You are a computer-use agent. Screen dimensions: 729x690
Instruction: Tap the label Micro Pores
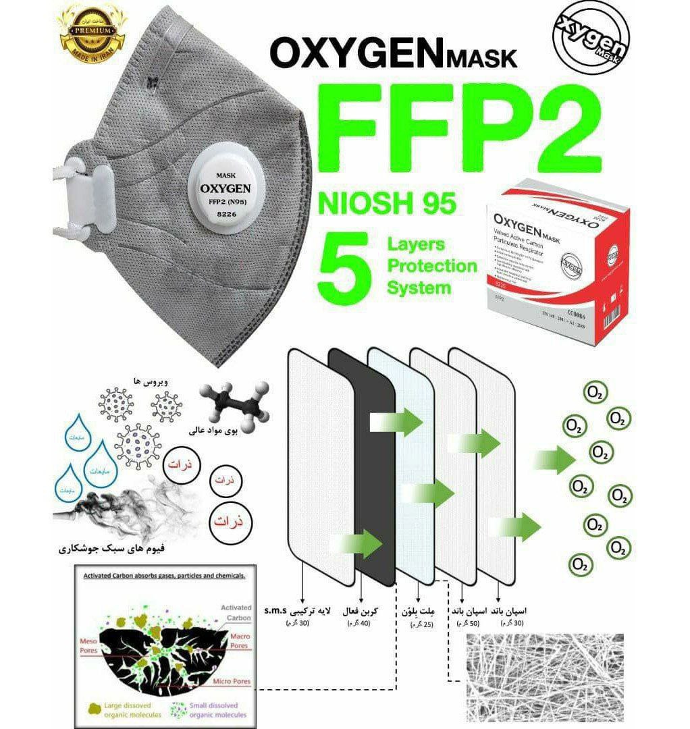tap(229, 681)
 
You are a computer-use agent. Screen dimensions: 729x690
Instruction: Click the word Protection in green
tap(431, 265)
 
